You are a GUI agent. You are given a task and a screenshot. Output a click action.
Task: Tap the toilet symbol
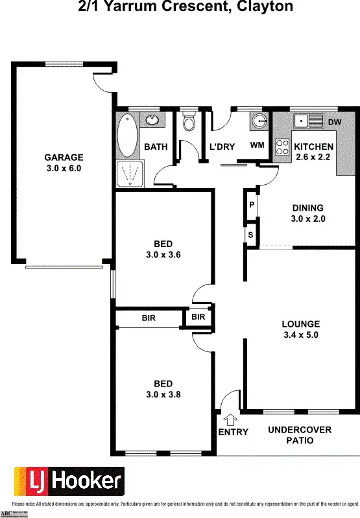[189, 121]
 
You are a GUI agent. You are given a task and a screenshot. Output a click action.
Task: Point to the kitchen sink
[309, 121]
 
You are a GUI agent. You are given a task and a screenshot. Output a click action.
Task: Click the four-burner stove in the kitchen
[283, 147]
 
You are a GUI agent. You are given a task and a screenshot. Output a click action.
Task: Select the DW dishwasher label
[335, 122]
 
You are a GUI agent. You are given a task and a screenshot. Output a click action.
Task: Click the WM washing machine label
[257, 145]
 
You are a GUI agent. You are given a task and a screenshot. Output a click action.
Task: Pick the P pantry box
[251, 205]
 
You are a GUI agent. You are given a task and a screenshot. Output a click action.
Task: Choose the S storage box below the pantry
[250, 235]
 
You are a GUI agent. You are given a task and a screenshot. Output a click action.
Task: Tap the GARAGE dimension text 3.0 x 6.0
[64, 168]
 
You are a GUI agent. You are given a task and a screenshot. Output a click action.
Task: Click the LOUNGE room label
[300, 324]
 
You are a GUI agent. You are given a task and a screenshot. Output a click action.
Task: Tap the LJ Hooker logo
[68, 481]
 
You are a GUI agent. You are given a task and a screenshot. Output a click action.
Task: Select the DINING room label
[307, 207]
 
